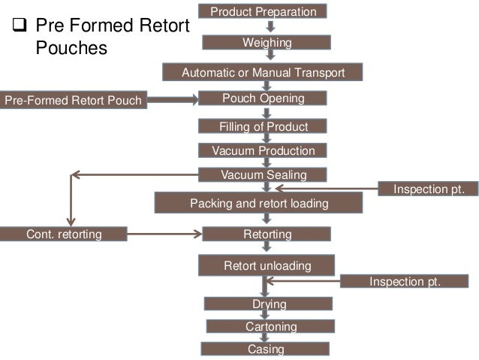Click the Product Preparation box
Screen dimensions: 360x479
coord(263,11)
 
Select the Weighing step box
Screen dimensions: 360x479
coord(267,43)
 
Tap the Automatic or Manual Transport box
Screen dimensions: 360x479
coord(263,73)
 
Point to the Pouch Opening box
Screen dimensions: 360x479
coord(263,98)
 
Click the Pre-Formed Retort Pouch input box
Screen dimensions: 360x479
coord(73,99)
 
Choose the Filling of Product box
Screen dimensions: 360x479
coord(263,126)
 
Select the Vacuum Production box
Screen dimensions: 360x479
coord(263,151)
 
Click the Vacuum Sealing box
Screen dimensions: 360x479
coord(263,175)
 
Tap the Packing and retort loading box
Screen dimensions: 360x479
coord(258,203)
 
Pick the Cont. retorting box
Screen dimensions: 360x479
coord(64,234)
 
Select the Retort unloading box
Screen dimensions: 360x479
coord(267,265)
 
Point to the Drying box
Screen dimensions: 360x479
coord(268,304)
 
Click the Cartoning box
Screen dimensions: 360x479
coord(270,327)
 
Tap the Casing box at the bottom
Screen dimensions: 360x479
coord(265,349)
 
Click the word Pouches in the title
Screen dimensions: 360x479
coord(71,49)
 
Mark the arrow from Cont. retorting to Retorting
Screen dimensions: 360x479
coord(164,234)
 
